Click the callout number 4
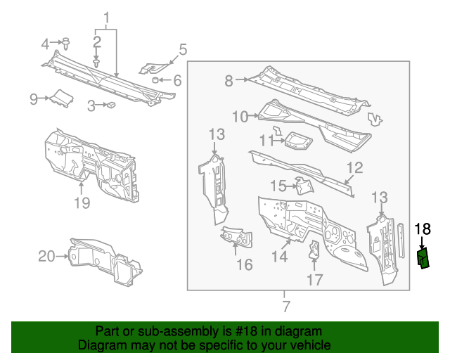tap(46, 44)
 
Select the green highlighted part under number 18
tap(424, 258)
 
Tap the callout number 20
tap(46, 257)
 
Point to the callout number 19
tap(82, 203)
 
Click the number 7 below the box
tap(285, 306)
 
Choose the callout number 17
tap(314, 280)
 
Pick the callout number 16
tap(244, 264)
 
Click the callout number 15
tap(279, 186)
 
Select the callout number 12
tap(354, 167)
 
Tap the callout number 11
tap(266, 141)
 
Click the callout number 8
tap(229, 81)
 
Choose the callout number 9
tap(33, 99)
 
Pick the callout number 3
tap(91, 106)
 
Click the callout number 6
tap(176, 81)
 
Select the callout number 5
tap(183, 49)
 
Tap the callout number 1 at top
tap(107, 18)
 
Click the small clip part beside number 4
tap(65, 43)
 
